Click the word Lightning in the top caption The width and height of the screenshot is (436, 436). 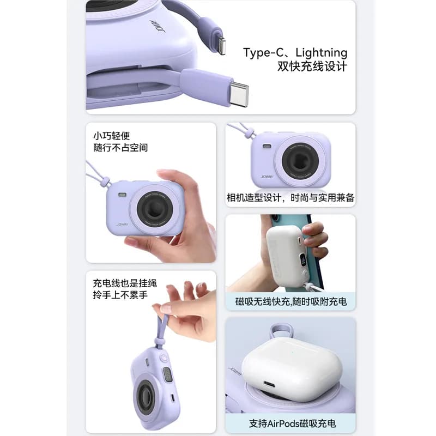pyautogui.click(x=321, y=53)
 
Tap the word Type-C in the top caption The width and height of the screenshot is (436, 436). pyautogui.click(x=264, y=52)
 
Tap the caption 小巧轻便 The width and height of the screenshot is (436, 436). pyautogui.click(x=112, y=136)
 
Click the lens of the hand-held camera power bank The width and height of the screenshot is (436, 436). pyautogui.click(x=155, y=209)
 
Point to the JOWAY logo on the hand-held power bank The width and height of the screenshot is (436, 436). pyautogui.click(x=122, y=224)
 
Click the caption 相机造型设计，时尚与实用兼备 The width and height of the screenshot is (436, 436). pyautogui.click(x=290, y=198)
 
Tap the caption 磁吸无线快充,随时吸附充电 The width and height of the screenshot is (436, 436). pyautogui.click(x=291, y=301)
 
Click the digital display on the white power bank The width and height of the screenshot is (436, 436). pyautogui.click(x=303, y=260)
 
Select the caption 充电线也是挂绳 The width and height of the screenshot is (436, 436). pyautogui.click(x=125, y=283)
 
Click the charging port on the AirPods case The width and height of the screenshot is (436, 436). pyautogui.click(x=269, y=385)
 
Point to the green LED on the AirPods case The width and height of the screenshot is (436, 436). pyautogui.click(x=292, y=353)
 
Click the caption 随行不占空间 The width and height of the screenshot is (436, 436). pyautogui.click(x=120, y=148)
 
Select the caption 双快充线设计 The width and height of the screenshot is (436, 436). pyautogui.click(x=312, y=66)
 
